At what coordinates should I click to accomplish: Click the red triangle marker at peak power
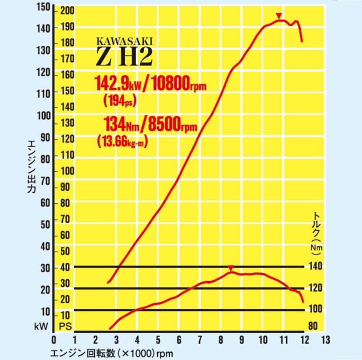coord(279,16)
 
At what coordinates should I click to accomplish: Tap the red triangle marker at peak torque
coord(230,268)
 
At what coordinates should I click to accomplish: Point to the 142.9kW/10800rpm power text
coord(151,84)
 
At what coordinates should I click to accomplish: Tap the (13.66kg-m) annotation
coord(122,141)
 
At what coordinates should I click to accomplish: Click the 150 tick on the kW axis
coord(42,8)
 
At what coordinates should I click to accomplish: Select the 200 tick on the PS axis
coord(67,11)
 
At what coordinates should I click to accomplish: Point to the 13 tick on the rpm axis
coord(325,340)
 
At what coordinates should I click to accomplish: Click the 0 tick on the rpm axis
coord(54,340)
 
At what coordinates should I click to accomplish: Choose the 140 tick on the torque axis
coord(316,267)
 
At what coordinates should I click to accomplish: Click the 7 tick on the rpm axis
coord(199,340)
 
